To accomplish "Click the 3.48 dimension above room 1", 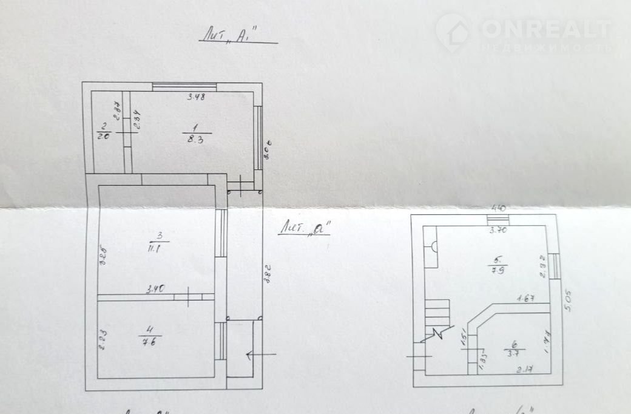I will pyautogui.click(x=195, y=98).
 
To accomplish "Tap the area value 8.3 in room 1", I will pyautogui.click(x=196, y=139).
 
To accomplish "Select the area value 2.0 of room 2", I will pyautogui.click(x=103, y=137).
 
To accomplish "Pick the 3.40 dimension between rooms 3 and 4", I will pyautogui.click(x=155, y=290).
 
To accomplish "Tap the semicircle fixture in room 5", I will pyautogui.click(x=434, y=246).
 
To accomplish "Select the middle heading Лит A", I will pyautogui.click(x=307, y=229).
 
